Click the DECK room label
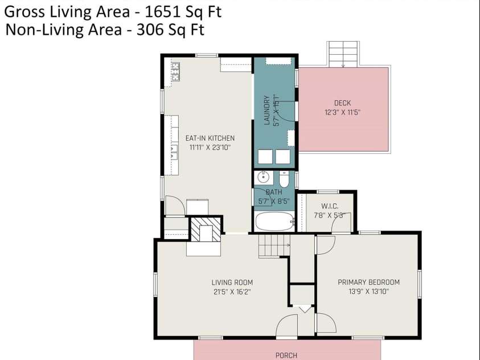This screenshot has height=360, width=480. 342,103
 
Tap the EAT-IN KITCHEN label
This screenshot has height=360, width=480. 210,138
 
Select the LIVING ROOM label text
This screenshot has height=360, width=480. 232,282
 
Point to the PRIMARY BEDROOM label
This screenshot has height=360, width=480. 368,282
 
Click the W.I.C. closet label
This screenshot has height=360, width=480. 330,206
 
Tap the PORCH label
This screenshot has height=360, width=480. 286,355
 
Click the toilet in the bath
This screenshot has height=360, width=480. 284,179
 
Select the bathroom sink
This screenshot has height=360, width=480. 263,177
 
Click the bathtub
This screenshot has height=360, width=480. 274,222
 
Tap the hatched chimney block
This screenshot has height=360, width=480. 206,230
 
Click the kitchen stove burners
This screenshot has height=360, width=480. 175,72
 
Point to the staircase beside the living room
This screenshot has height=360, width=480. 274,246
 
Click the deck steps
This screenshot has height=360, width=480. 343,54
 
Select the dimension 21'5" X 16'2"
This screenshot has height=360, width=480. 232,292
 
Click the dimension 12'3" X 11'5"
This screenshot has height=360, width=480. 342,112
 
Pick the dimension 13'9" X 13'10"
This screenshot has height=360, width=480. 368,291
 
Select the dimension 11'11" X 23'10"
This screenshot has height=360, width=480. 210,147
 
